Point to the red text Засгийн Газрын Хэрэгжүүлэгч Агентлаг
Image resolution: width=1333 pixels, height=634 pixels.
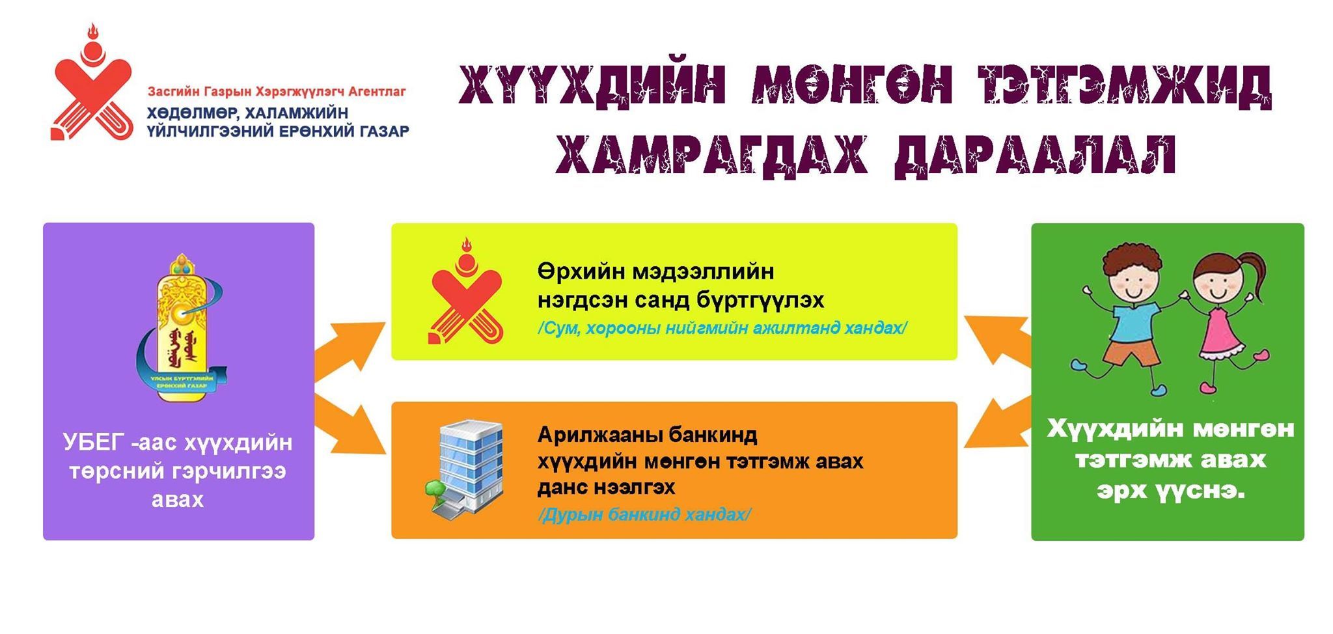coord(277,91)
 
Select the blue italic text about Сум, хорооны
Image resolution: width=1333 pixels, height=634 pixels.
coord(722,328)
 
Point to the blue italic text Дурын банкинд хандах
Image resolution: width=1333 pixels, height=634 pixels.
coord(644,515)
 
